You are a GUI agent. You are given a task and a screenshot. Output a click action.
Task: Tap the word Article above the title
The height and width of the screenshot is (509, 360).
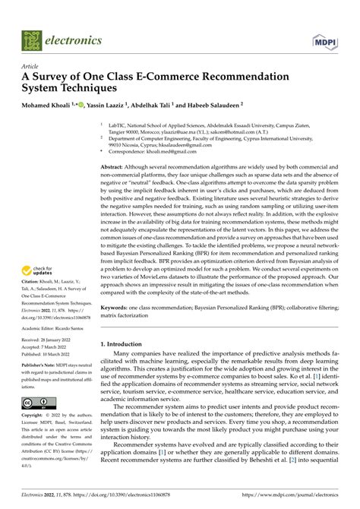(x=30, y=66)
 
